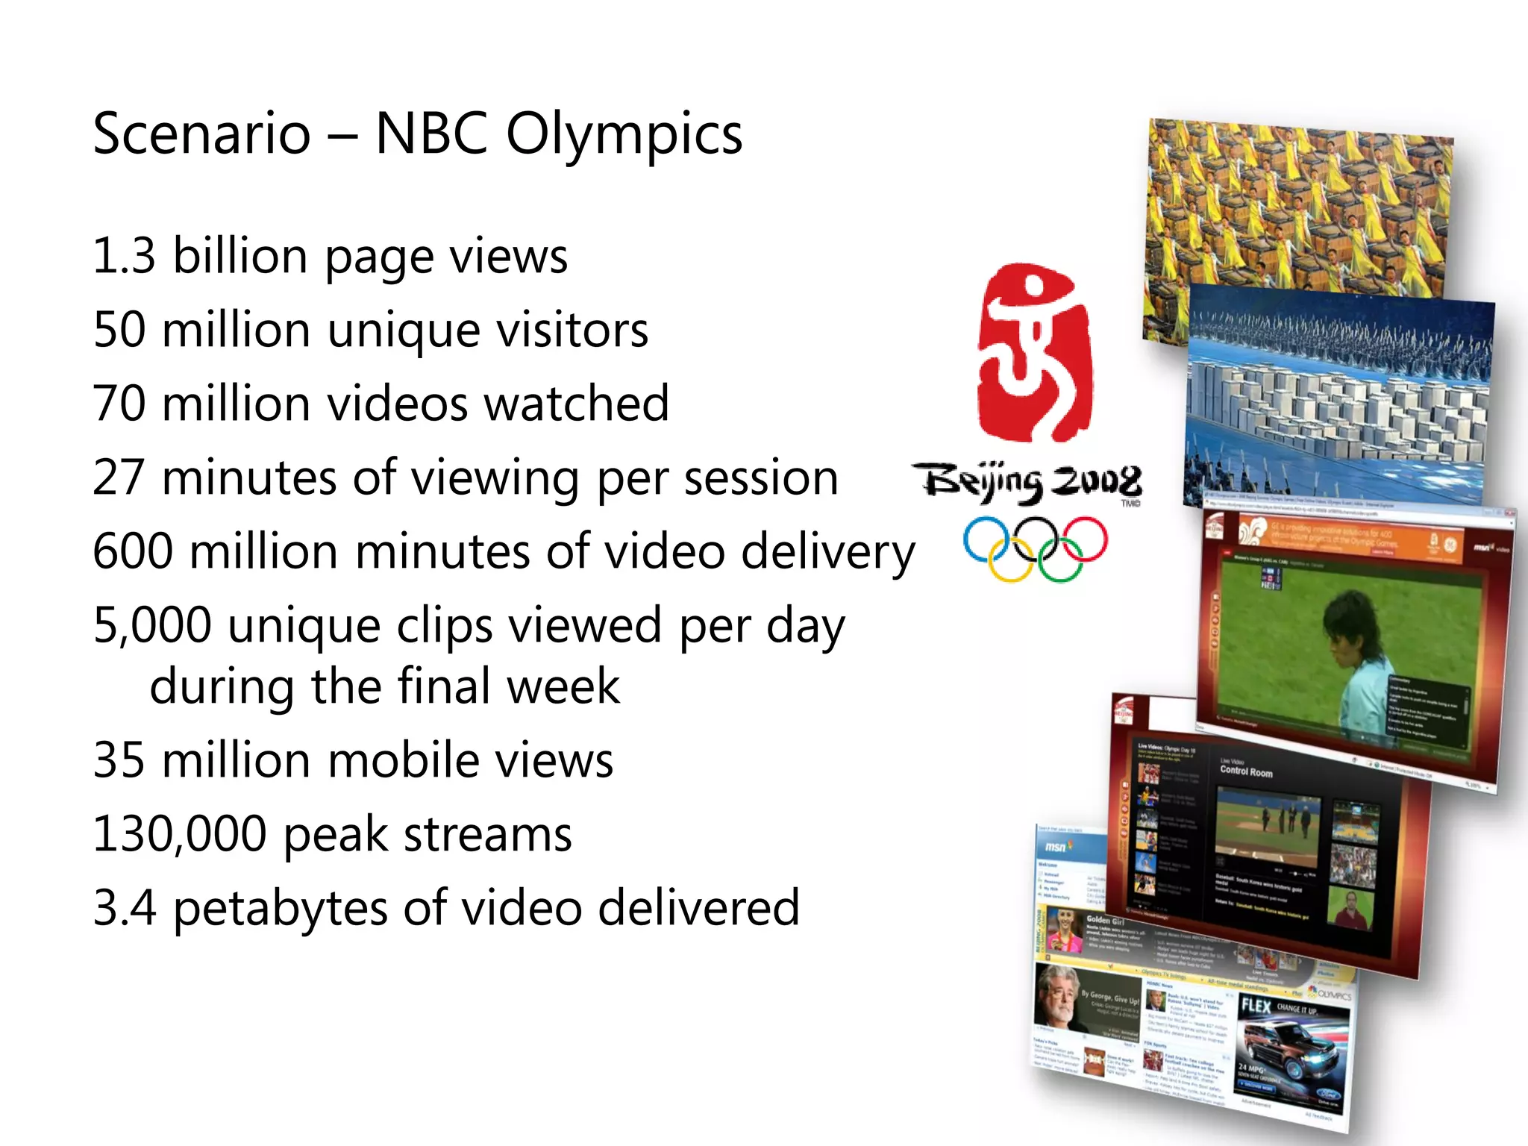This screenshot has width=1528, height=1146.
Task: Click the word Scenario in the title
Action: pyautogui.click(x=201, y=134)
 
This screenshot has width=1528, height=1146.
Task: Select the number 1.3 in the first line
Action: pyautogui.click(x=124, y=256)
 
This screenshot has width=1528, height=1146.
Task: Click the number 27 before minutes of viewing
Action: pyautogui.click(x=119, y=477)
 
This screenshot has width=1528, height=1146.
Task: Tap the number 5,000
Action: pyautogui.click(x=152, y=625)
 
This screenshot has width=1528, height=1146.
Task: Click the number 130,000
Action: pyautogui.click(x=179, y=834)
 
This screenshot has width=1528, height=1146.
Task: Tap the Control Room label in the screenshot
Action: pyautogui.click(x=1246, y=771)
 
